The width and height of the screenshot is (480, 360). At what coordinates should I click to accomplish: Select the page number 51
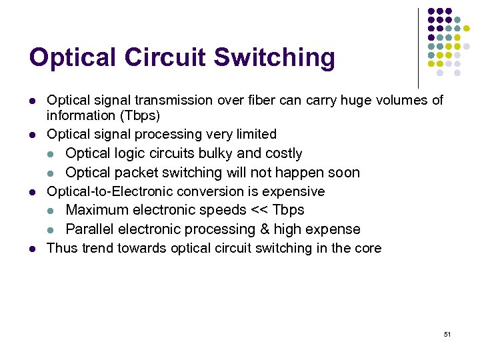447,334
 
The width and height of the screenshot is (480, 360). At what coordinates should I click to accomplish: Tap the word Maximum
97,210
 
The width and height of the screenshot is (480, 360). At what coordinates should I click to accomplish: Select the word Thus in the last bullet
62,249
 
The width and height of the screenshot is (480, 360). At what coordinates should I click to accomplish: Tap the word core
367,249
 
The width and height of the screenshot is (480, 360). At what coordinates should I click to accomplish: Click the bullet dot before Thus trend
32,249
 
